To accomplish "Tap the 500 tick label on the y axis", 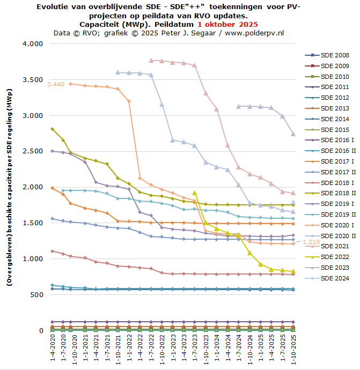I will click(x=36, y=295).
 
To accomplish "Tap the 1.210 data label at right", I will click(x=312, y=242).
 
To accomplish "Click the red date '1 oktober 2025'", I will click(x=227, y=25).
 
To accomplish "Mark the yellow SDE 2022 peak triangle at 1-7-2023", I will click(x=194, y=193).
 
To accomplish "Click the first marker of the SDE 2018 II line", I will click(x=52, y=129).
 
